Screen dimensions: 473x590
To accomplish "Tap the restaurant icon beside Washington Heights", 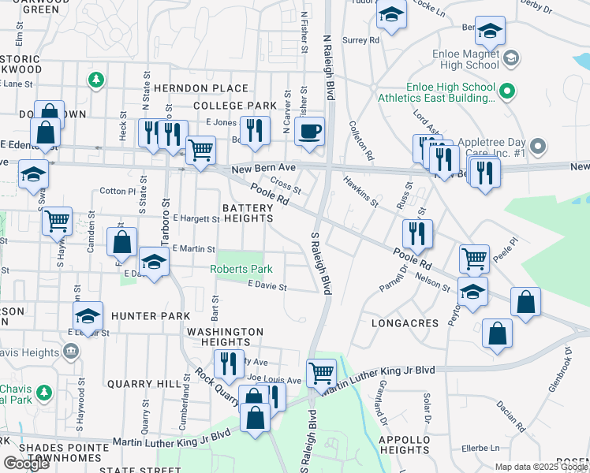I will (x=228, y=363).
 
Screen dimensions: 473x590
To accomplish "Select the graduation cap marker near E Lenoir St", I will (x=88, y=316).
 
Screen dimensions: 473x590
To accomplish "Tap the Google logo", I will (x=26, y=463).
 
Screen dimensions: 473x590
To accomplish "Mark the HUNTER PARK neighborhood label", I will (x=150, y=316).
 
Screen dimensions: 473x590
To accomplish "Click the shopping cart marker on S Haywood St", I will (x=58, y=222).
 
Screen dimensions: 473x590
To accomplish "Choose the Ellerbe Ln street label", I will (x=482, y=447).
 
